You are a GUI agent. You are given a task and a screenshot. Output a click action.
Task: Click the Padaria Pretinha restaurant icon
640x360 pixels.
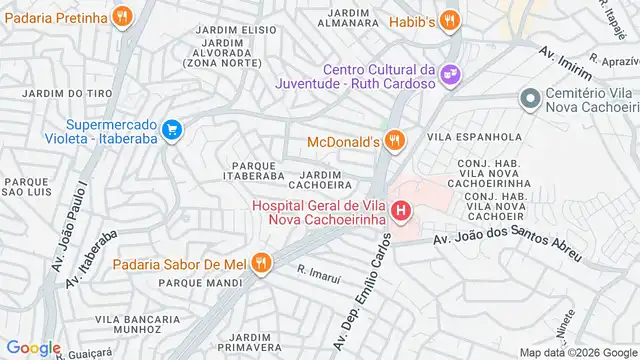pyautogui.click(x=122, y=16)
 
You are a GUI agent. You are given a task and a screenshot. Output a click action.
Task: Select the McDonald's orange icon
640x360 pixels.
pyautogui.click(x=395, y=141)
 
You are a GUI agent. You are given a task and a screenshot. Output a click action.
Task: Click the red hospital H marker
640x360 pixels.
pyautogui.click(x=401, y=211)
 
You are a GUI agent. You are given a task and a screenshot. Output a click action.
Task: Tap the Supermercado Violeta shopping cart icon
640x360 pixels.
pyautogui.click(x=171, y=129)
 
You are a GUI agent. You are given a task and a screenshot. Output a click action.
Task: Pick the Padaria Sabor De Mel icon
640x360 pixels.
pyautogui.click(x=261, y=263)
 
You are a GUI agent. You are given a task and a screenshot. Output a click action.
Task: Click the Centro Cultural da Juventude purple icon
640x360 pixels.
pyautogui.click(x=450, y=73)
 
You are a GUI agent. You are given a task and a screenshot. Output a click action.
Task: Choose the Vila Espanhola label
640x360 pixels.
pyautogui.click(x=475, y=136)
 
